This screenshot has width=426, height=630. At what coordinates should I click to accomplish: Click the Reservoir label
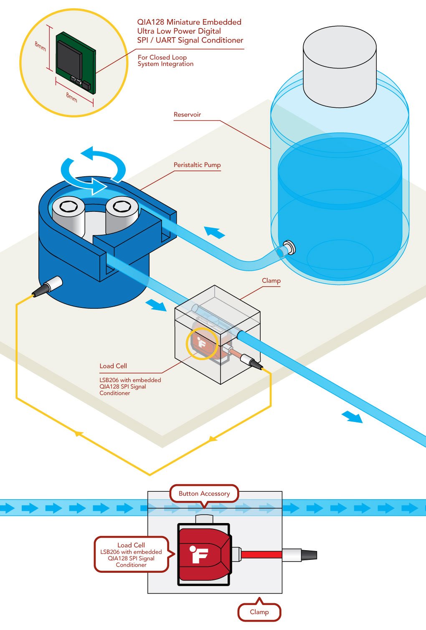(187, 114)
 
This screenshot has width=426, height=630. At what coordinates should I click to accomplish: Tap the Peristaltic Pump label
(197, 165)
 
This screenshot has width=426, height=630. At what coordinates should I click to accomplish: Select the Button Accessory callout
(204, 493)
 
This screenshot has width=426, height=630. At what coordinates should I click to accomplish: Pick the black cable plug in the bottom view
(309, 555)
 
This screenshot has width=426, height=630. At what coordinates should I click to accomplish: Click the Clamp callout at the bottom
(259, 612)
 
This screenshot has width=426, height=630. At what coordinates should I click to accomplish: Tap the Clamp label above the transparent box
(271, 281)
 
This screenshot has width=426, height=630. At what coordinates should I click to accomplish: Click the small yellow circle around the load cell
(202, 343)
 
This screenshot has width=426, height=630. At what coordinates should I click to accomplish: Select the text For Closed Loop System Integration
(165, 61)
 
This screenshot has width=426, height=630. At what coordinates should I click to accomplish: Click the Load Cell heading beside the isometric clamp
(113, 366)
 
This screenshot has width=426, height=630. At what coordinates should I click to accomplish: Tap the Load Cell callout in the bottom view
(131, 554)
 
